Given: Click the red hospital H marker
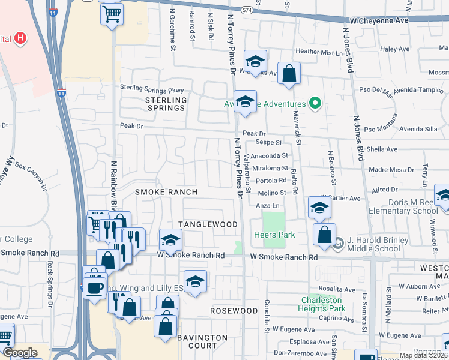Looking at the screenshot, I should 20,38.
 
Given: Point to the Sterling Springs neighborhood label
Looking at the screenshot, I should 165,104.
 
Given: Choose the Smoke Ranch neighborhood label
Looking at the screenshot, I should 166,192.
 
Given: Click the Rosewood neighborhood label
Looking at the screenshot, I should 234,311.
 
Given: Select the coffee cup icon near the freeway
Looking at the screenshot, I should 94,287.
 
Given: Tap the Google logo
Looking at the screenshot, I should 20,353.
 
